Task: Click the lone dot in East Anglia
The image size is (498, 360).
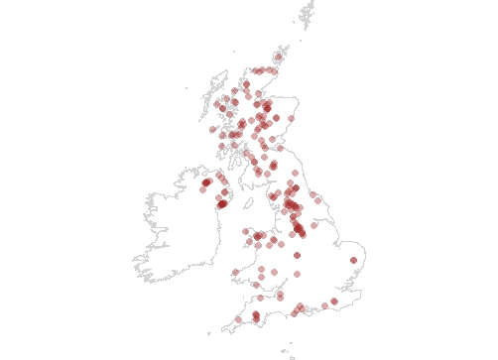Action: [x=353, y=261]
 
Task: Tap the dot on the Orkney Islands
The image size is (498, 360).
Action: [x=278, y=57]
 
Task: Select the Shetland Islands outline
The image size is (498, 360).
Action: [x=308, y=13]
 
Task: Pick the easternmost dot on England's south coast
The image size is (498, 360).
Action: [x=334, y=300]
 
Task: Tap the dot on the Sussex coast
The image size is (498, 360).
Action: [x=324, y=305]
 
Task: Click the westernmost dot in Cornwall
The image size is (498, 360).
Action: [x=238, y=320]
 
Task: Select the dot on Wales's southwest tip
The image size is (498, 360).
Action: [x=235, y=272]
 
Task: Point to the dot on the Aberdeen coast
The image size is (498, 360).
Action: [x=292, y=120]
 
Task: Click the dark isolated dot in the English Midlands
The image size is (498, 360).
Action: [x=297, y=255]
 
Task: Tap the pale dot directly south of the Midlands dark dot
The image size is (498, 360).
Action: [x=297, y=274]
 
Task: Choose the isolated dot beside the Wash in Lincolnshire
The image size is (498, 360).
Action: [x=314, y=225]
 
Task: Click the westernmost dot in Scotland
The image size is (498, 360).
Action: [x=212, y=130]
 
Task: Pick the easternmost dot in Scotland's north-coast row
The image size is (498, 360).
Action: [x=273, y=70]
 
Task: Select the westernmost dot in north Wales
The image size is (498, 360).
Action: [x=245, y=231]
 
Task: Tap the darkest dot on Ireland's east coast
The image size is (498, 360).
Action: [x=222, y=204]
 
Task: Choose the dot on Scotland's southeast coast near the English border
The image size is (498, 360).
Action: [x=280, y=148]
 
